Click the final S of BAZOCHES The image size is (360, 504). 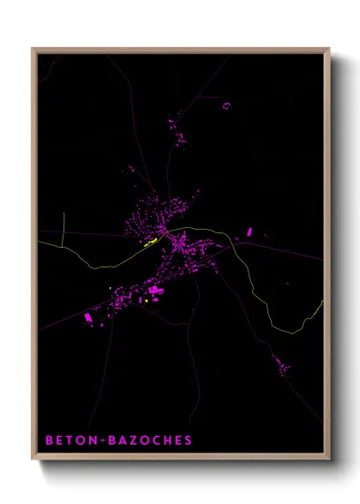pyautogui.click(x=187, y=440)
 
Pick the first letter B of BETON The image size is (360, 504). pyautogui.click(x=49, y=440)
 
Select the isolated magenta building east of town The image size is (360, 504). pyautogui.click(x=249, y=231)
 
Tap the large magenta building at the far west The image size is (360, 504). pyautogui.click(x=87, y=318)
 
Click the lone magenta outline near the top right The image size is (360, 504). pyautogui.click(x=226, y=105)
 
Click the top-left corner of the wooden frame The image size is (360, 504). pyautogui.click(x=33, y=49)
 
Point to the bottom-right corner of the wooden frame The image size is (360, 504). pyautogui.click(x=329, y=459)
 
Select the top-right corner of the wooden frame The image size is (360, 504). pyautogui.click(x=329, y=49)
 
